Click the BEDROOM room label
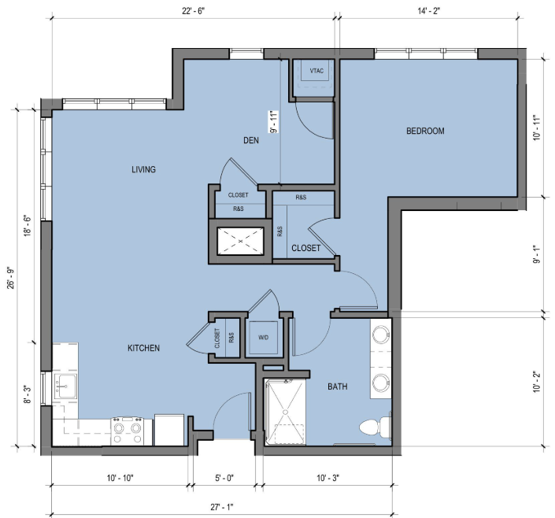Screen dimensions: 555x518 click(425, 131)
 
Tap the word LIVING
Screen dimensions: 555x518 click(144, 169)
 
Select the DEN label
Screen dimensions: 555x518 click(251, 141)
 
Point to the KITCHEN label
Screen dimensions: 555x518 click(144, 348)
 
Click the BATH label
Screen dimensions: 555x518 click(337, 387)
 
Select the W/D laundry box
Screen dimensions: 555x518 click(264, 338)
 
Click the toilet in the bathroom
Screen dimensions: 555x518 click(376, 427)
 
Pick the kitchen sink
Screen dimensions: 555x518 click(65, 386)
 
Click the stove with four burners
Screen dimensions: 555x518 click(128, 431)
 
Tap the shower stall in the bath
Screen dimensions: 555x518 click(285, 413)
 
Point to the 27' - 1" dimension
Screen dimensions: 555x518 click(222, 508)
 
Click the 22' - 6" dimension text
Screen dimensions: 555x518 click(194, 11)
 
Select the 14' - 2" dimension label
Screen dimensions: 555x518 click(428, 11)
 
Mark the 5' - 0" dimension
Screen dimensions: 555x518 click(224, 479)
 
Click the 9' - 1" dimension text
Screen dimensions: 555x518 click(538, 253)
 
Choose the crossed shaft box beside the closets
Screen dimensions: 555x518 click(241, 241)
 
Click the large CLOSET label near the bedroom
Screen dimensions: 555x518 click(305, 248)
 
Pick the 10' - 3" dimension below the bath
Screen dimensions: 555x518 click(327, 479)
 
